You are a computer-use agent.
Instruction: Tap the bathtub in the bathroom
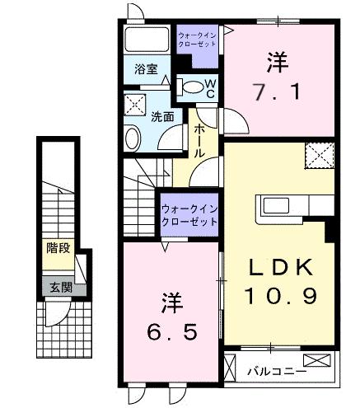(x=148, y=40)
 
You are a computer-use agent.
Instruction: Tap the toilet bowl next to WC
(x=191, y=87)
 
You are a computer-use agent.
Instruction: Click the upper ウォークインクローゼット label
(x=198, y=40)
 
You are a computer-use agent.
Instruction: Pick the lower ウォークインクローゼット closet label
(x=189, y=215)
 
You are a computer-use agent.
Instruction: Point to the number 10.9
(x=278, y=294)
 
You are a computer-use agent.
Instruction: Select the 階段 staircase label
(x=57, y=246)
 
